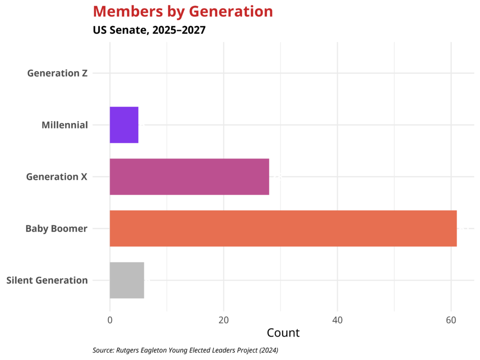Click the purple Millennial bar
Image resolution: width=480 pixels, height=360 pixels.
click(x=124, y=125)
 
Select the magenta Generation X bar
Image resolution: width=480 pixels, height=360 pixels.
click(x=189, y=177)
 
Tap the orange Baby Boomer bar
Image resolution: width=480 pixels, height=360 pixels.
click(x=283, y=228)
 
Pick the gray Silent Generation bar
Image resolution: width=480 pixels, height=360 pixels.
click(x=127, y=280)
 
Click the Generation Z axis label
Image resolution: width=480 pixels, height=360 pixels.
click(x=57, y=73)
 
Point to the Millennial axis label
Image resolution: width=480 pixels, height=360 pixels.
click(x=65, y=125)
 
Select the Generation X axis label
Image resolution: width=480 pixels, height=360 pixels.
click(x=57, y=177)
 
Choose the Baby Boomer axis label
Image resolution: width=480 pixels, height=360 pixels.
click(x=56, y=229)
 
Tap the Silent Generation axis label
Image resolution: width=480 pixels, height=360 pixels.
click(x=47, y=280)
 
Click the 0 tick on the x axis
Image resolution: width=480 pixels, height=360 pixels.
click(x=110, y=321)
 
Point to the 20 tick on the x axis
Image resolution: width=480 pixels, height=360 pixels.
click(x=224, y=321)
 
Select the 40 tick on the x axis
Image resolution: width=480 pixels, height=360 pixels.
click(x=337, y=321)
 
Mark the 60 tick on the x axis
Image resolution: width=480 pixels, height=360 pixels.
click(x=451, y=321)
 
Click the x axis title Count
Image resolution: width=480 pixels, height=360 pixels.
click(x=283, y=333)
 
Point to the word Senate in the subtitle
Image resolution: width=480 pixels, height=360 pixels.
click(x=129, y=30)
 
